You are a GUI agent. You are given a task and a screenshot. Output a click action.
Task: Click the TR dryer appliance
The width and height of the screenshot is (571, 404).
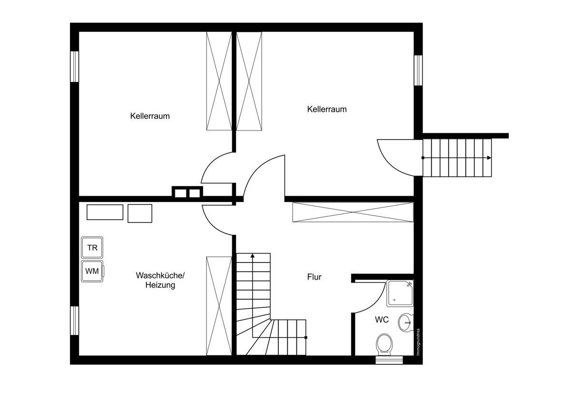point(92,247)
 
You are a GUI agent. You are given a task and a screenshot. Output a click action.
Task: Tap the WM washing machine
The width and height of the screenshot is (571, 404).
point(92,271)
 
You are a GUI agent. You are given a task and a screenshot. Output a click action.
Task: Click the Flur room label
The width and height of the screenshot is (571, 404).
point(314,277)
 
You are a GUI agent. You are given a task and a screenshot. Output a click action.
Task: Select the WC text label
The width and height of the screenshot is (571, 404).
point(382,320)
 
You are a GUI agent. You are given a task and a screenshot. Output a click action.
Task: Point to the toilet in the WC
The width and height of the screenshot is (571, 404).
point(384,344)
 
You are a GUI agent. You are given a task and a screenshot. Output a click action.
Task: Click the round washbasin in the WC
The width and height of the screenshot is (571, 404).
point(405,323)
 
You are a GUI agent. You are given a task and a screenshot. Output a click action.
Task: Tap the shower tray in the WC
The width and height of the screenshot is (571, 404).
point(400,293)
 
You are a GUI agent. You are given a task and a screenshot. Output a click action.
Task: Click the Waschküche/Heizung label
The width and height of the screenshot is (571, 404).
point(160,280)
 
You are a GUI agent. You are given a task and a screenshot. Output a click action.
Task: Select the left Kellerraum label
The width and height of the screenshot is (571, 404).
point(150,116)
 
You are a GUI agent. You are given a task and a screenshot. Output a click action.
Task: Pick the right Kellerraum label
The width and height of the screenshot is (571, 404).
point(327,109)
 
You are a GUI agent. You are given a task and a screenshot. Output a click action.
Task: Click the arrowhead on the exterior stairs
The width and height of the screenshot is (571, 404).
point(489,158)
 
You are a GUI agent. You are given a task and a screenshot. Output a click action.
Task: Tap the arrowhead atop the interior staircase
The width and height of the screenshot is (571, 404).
point(253,255)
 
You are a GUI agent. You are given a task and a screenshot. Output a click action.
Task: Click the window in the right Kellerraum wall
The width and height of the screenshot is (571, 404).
point(418,71)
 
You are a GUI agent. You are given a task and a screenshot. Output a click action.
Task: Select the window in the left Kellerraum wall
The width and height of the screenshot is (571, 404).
point(74,67)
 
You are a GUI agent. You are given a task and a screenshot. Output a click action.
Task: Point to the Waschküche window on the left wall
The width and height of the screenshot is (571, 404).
point(74,321)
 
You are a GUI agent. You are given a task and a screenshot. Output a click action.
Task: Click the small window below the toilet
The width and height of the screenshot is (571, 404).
point(389,360)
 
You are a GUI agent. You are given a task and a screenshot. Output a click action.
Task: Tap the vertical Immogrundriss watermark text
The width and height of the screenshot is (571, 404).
point(418,342)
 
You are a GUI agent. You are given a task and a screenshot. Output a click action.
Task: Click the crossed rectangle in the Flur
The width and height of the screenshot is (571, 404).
point(353,212)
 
